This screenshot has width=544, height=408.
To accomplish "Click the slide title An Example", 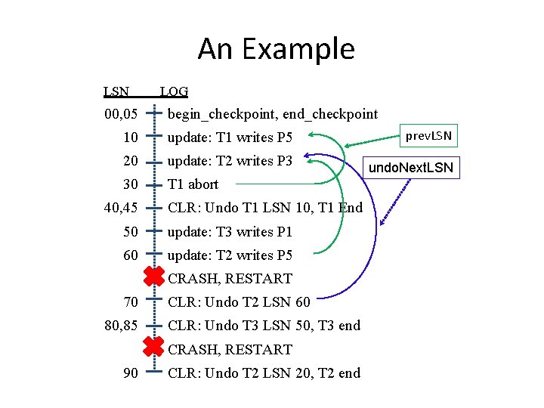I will pos(276,49).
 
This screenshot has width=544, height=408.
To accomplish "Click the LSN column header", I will pos(116,92).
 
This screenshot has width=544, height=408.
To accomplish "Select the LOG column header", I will pos(174,92).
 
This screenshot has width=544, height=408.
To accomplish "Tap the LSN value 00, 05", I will pos(121,114).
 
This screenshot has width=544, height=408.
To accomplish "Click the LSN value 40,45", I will pos(121,208).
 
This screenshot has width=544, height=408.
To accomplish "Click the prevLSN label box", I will pos(428,136).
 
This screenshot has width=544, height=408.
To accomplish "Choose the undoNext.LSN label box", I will pos(411,167).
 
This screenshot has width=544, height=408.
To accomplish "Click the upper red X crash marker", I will pos(154,277).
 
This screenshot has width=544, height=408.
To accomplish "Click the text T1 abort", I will pos(193,184).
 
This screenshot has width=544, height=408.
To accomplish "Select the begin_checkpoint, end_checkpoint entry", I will pos(272,114).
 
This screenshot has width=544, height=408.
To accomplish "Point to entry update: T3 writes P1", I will pos(230,232).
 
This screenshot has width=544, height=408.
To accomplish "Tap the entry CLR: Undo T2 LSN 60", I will pos(239,302).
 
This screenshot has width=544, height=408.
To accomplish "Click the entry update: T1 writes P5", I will pos(230,138).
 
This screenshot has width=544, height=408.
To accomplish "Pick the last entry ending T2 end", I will pos(264,373).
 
